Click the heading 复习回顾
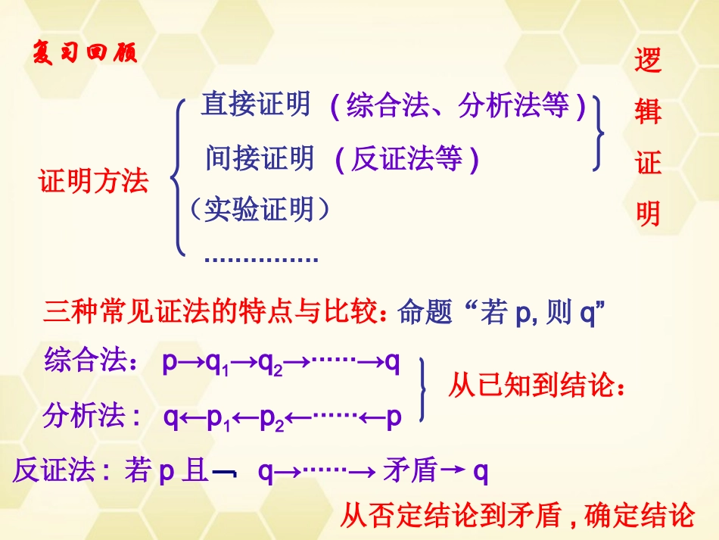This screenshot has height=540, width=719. tap(86, 55)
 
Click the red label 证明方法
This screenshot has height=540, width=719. tap(94, 181)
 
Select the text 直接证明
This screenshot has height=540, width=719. tap(256, 105)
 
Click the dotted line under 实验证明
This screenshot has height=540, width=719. tap(261, 259)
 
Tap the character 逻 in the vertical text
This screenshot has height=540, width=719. tap(648, 60)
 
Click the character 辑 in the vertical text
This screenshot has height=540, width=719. tap(648, 111)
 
